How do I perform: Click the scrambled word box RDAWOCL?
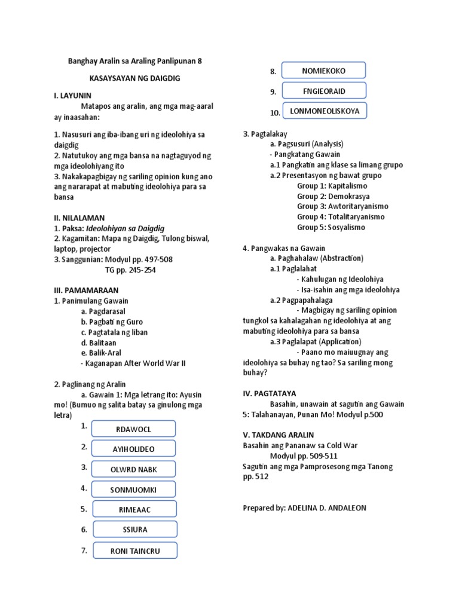click(133, 429)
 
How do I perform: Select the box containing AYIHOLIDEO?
click(133, 449)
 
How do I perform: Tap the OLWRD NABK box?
click(133, 469)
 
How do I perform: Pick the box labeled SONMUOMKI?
click(133, 489)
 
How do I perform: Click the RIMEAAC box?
click(134, 509)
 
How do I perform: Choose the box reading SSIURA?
click(134, 530)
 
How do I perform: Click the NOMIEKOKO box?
click(323, 71)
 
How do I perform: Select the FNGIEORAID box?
click(323, 91)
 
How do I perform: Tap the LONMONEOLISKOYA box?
click(325, 111)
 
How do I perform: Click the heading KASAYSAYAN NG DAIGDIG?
click(126, 78)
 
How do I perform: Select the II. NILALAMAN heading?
click(79, 218)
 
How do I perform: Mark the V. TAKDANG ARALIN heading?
click(278, 435)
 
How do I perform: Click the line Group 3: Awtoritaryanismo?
click(341, 206)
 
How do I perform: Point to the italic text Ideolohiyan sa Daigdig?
click(125, 228)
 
